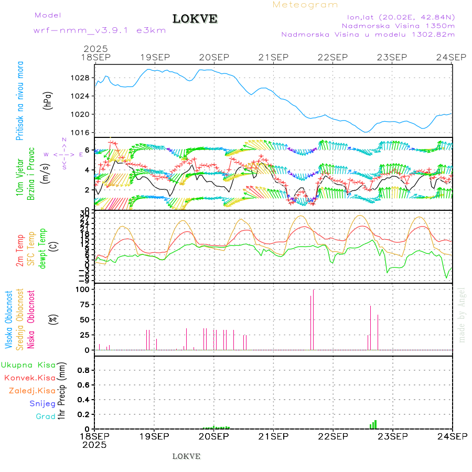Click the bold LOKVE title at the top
tap(195, 19)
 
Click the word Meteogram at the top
tap(305, 5)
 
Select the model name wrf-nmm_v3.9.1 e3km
tap(100, 30)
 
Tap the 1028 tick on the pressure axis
tap(81, 78)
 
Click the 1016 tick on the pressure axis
tap(81, 132)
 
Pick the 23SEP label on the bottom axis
tap(393, 436)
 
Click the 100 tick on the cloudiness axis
tap(83, 289)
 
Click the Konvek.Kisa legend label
tap(30, 378)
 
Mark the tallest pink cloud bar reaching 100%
tap(314, 319)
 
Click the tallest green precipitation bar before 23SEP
tap(376, 424)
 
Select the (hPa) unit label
tap(48, 100)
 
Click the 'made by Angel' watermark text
tap(462, 315)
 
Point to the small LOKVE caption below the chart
tap(186, 456)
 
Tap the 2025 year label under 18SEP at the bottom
tap(94, 445)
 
